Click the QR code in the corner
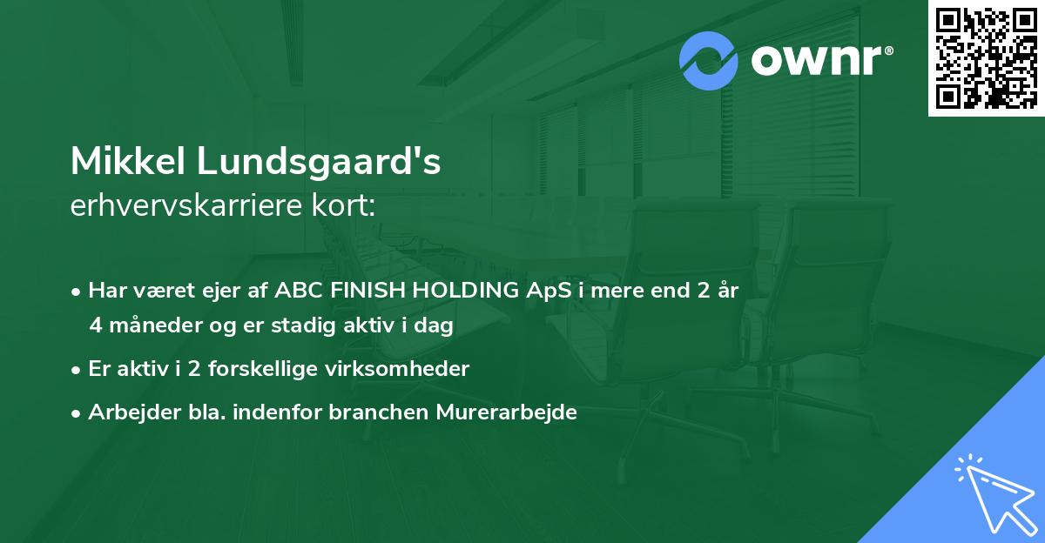[x=986, y=58]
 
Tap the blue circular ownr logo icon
[x=709, y=61]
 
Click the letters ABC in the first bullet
[x=296, y=291]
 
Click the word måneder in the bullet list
[x=144, y=325]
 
